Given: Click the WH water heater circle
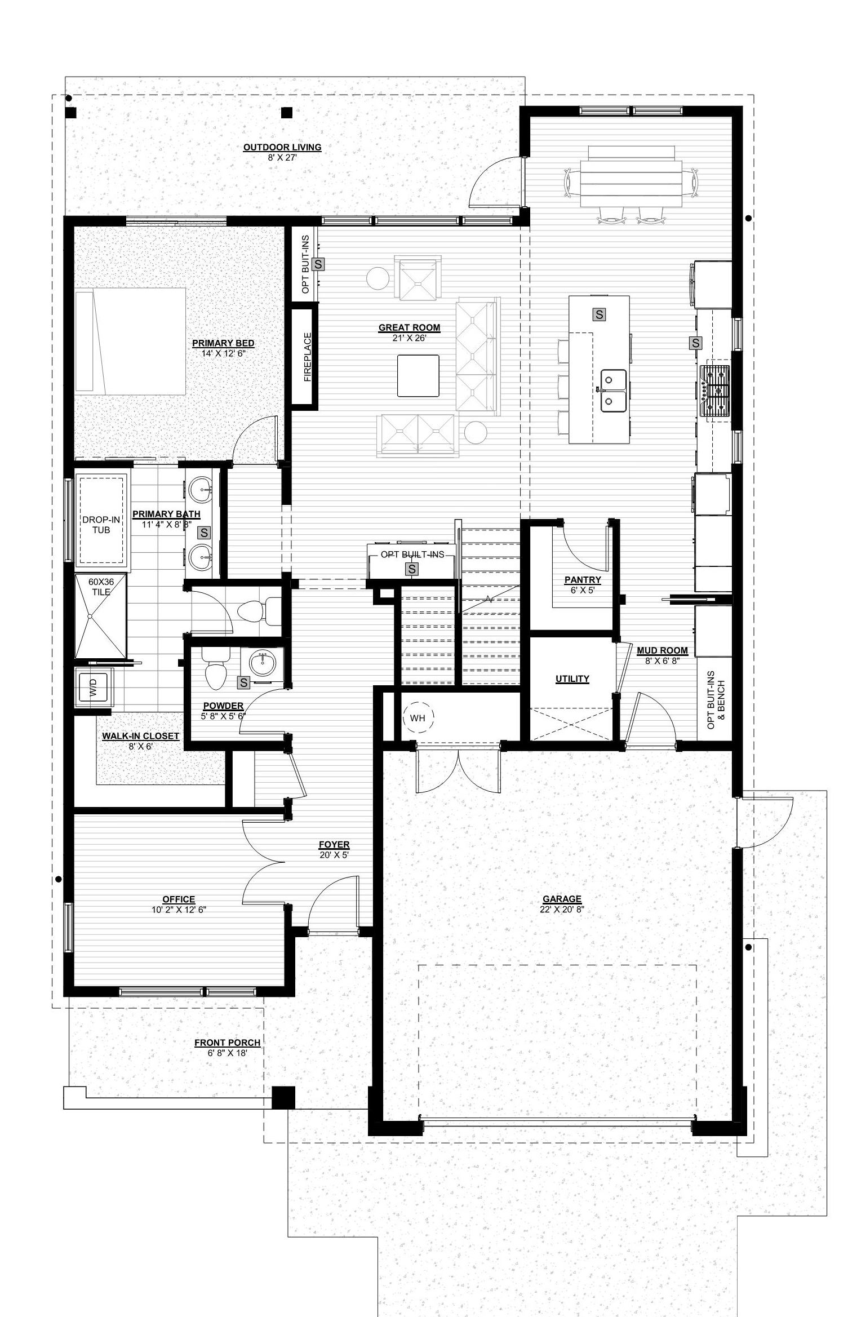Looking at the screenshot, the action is point(418,718).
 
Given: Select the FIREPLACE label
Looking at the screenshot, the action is point(308,357).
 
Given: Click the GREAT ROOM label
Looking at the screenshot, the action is point(409,327).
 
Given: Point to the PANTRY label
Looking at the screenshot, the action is point(583,580).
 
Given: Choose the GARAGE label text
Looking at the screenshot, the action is point(562,899).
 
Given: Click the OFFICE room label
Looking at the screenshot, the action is point(179,899).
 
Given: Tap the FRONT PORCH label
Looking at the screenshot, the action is point(227,1043).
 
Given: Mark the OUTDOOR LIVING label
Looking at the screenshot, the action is point(282,147).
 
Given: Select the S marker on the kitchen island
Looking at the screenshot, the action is point(600,314).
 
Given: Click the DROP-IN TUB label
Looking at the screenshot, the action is point(101,525).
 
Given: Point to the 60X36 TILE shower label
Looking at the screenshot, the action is point(101,587).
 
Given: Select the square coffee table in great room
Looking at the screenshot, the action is point(418,375).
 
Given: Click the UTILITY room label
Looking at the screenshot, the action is point(572,679).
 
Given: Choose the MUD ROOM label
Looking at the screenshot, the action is point(662,650).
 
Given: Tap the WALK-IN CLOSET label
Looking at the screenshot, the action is point(140,736).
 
